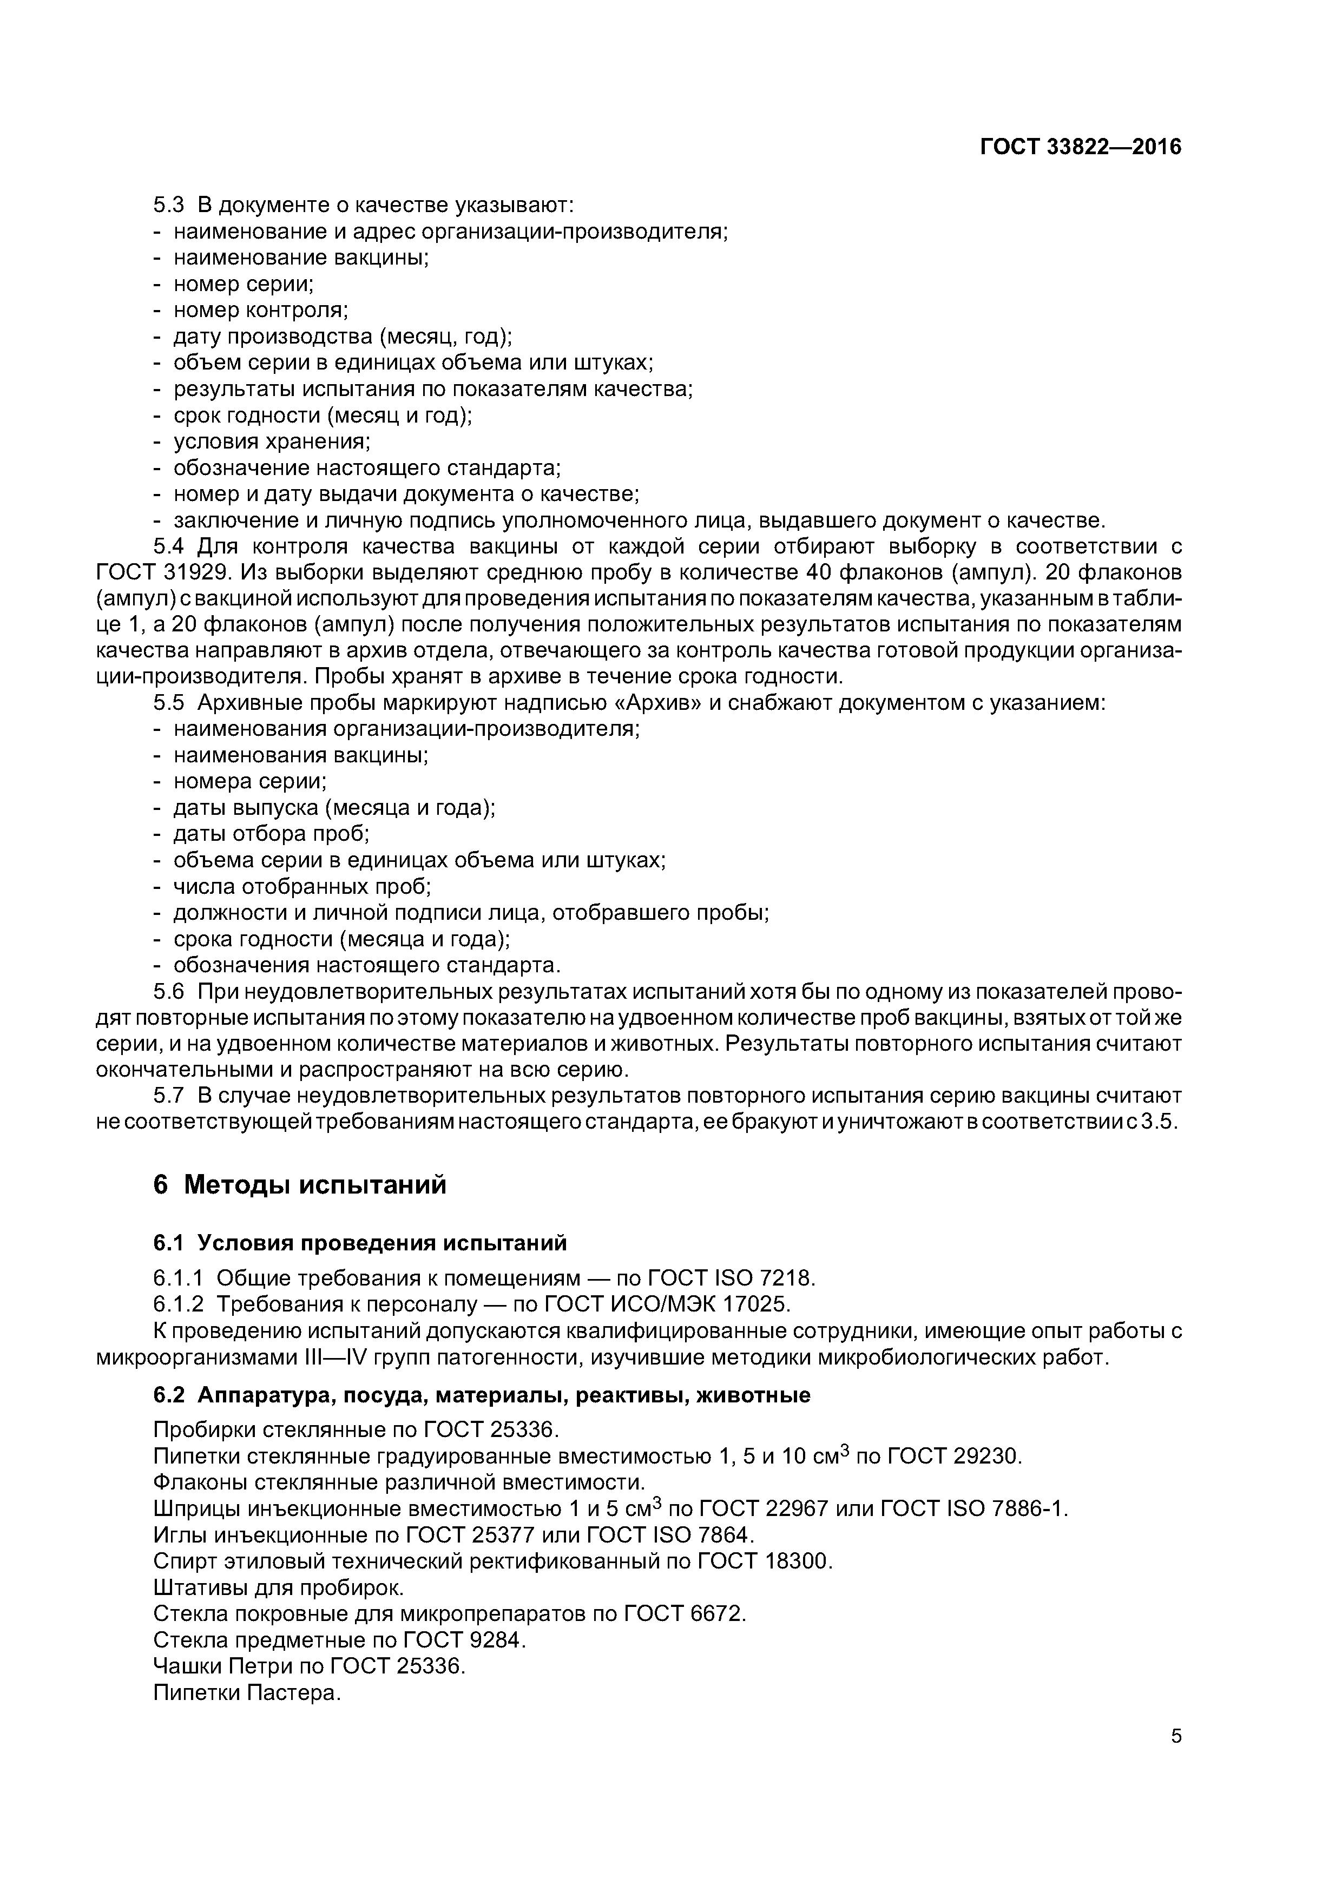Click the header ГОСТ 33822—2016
click(1080, 147)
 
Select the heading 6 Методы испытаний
click(299, 1184)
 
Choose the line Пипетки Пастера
click(247, 1692)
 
